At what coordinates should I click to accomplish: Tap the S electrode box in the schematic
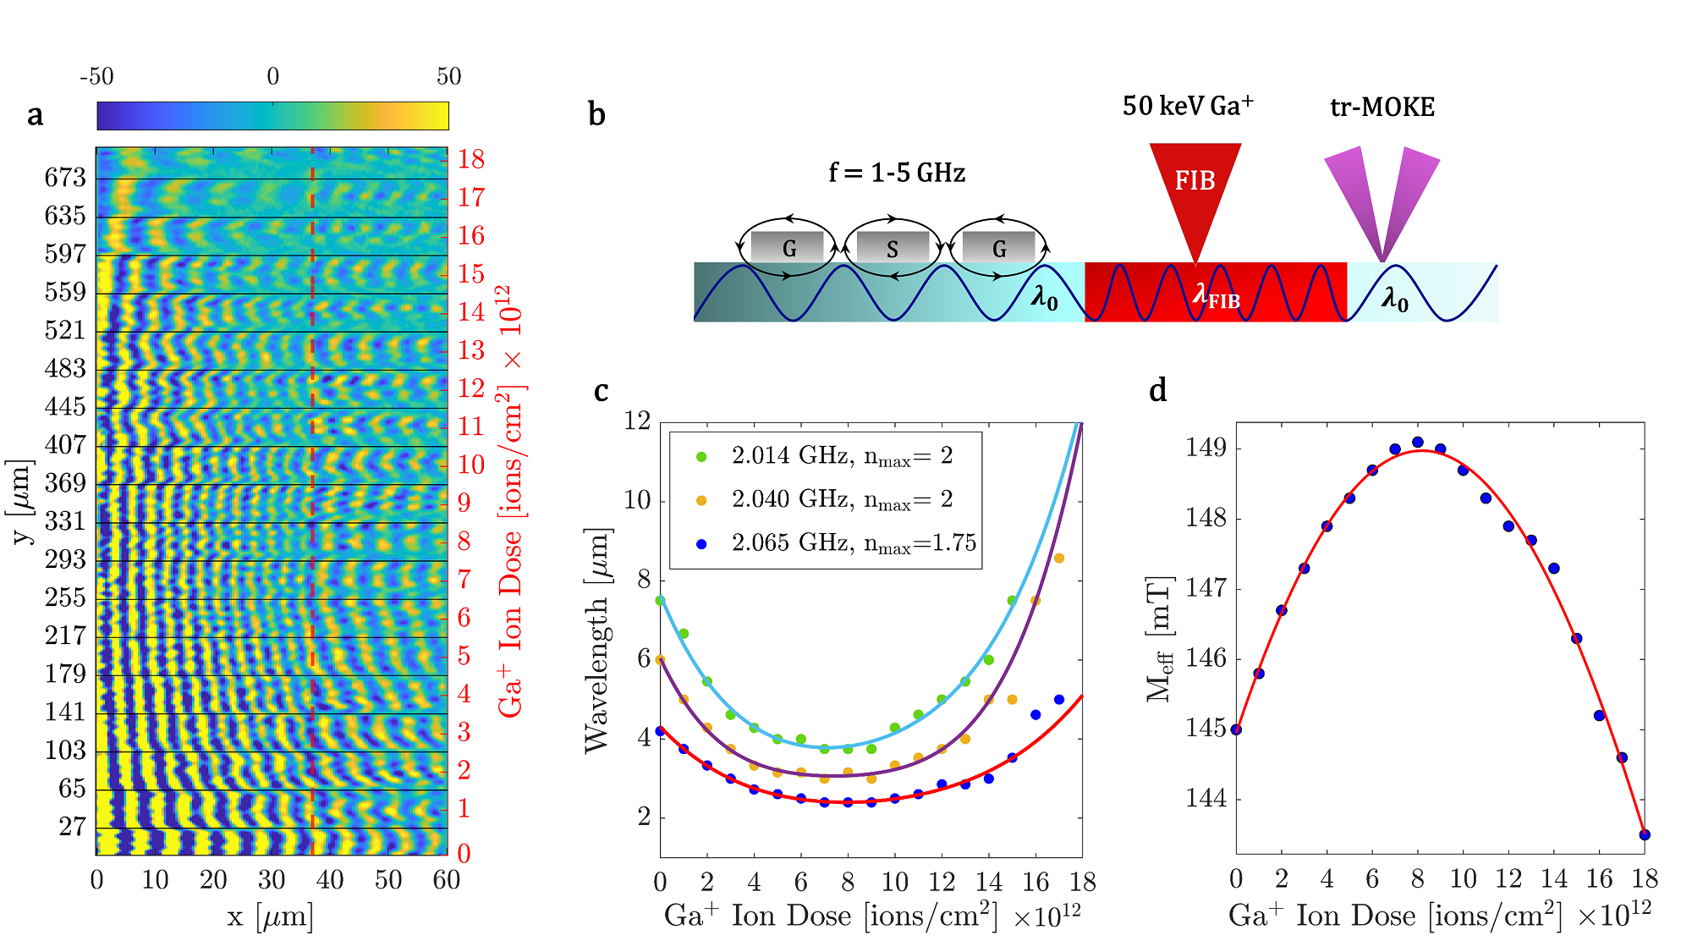click(893, 248)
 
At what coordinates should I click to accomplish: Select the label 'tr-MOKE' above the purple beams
click(1382, 107)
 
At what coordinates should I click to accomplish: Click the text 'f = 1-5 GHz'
click(897, 173)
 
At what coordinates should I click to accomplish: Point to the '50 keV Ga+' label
click(1188, 106)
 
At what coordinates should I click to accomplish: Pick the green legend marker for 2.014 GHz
click(700, 457)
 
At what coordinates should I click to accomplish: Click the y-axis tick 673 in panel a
click(65, 178)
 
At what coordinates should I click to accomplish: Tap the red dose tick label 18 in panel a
click(471, 159)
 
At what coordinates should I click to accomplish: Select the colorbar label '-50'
click(96, 77)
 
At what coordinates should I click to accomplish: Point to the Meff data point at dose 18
click(1645, 834)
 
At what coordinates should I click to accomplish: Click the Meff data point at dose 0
click(1236, 729)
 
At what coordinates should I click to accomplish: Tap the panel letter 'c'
click(601, 391)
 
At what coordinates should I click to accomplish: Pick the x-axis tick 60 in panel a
click(446, 880)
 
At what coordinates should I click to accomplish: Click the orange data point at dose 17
click(1058, 559)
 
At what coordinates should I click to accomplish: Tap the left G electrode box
click(788, 248)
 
